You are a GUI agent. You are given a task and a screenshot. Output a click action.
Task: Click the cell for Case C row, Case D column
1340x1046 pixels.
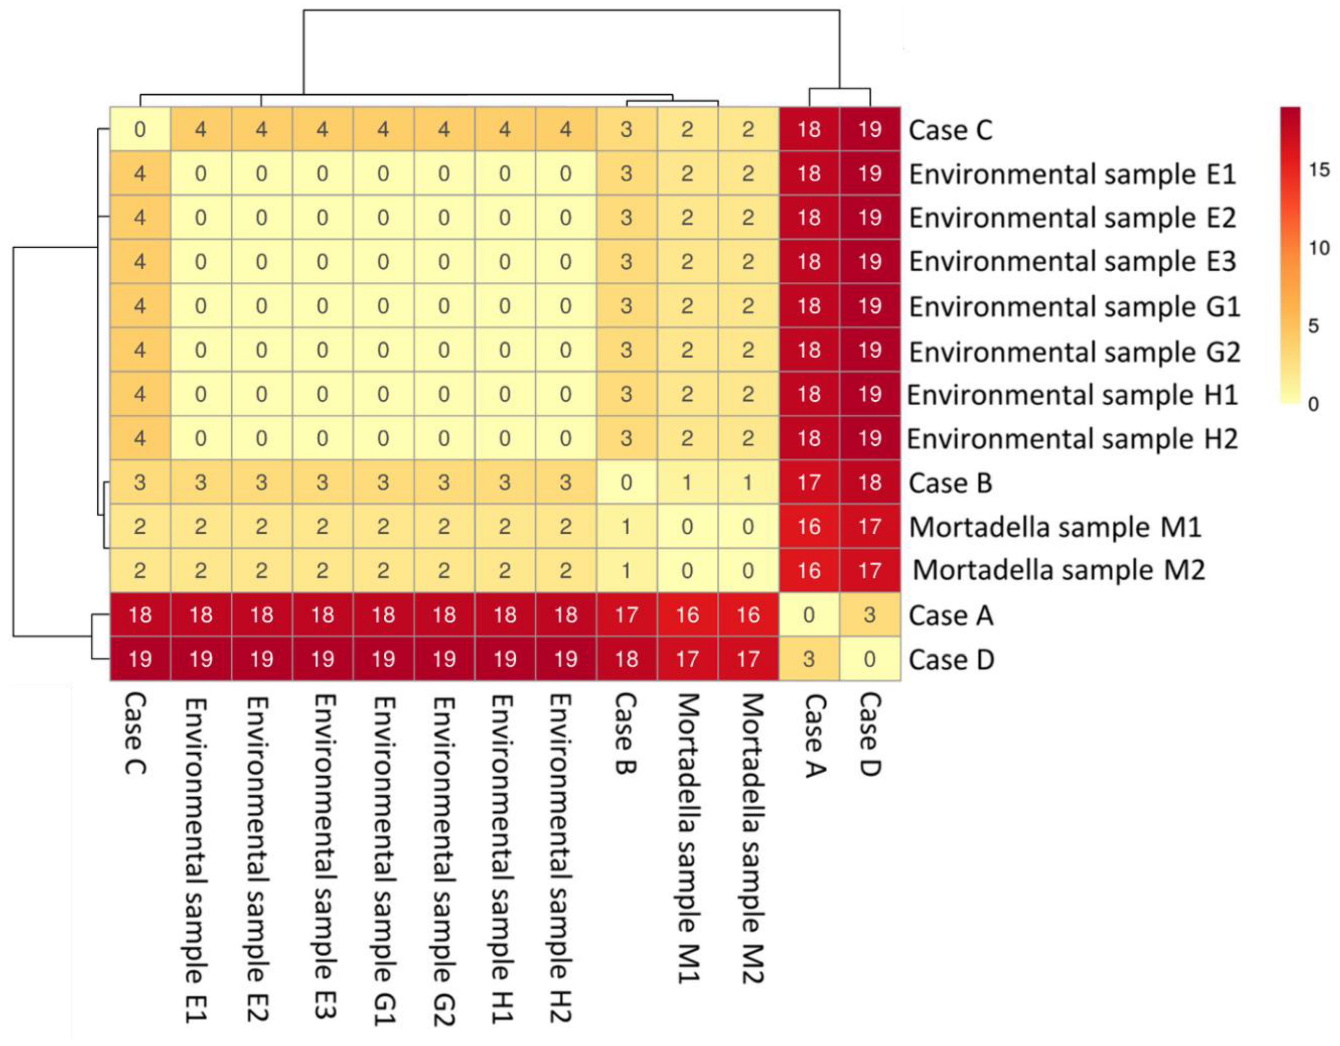point(869,129)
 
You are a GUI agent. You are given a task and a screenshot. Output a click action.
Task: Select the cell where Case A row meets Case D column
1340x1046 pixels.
point(869,615)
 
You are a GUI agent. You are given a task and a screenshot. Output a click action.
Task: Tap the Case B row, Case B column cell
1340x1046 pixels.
point(626,482)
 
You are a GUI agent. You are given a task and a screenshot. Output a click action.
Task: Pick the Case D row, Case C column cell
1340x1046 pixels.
point(140,659)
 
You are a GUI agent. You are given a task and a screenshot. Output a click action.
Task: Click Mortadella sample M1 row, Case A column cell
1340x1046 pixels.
point(809,526)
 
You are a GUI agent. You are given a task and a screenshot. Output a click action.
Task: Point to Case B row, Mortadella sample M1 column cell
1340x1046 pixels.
point(687,482)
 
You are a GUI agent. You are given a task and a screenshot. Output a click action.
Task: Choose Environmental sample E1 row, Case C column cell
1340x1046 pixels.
point(140,173)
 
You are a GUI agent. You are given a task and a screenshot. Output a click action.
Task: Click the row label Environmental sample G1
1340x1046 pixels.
point(1074,306)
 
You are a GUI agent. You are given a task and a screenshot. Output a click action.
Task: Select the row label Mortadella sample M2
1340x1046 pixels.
point(1059,570)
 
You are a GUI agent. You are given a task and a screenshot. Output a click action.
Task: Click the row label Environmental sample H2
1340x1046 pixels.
point(1072,439)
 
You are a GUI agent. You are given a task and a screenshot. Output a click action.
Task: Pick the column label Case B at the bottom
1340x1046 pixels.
point(625,733)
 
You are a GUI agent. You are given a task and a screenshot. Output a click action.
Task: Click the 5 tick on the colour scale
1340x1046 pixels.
point(1313,326)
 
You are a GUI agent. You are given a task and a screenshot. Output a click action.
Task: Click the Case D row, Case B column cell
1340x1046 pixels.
point(626,659)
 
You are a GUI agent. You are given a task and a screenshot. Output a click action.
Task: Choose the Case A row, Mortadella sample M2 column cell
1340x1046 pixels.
point(748,615)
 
